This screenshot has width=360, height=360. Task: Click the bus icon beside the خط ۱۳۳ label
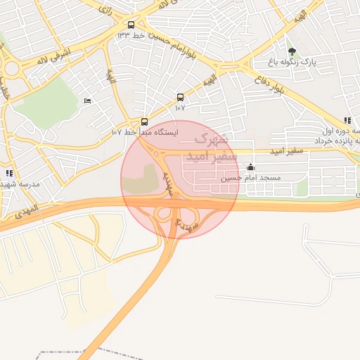[131, 25]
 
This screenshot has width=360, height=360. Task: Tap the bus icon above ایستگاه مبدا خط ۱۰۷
[145, 122]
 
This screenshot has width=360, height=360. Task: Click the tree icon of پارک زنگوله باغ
[292, 51]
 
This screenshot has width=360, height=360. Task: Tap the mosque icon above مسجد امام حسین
[251, 167]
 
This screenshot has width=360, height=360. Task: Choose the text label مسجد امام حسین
[251, 178]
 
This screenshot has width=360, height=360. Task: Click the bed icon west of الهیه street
[87, 102]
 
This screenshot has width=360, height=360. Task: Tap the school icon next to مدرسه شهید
[9, 172]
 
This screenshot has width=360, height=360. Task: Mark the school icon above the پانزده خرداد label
[348, 121]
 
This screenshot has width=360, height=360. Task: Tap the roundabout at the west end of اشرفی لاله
[11, 69]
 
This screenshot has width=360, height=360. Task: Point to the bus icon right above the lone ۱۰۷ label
[180, 98]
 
